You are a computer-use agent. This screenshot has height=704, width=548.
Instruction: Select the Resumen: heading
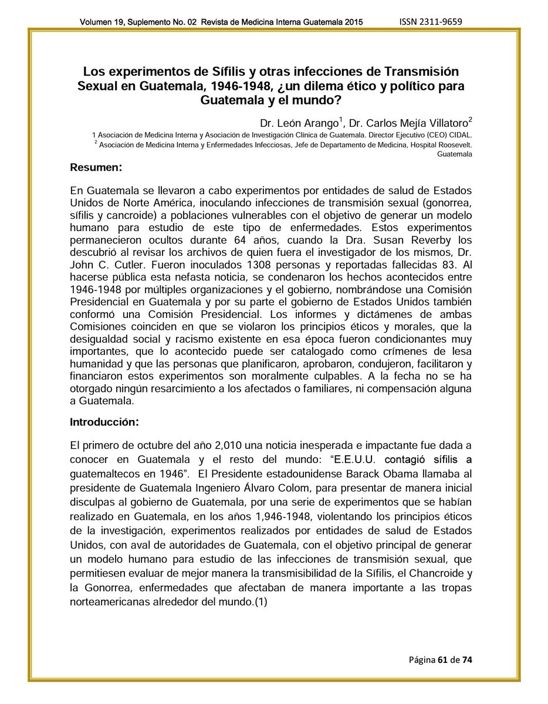(96, 168)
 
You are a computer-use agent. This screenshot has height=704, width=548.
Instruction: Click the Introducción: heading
(104, 422)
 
